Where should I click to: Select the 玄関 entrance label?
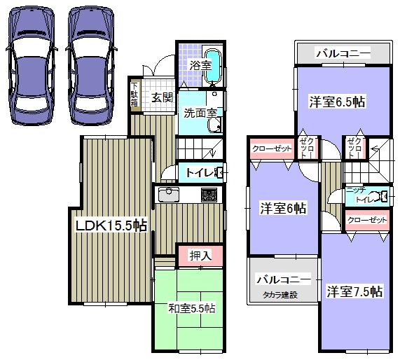pos(163,97)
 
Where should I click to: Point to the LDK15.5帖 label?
pos(111,226)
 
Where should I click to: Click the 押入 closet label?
pos(200,256)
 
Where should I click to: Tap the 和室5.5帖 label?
pos(191,308)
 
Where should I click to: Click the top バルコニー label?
pos(342,53)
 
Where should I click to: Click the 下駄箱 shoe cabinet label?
pos(134,95)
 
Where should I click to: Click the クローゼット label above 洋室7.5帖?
pos(367,220)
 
